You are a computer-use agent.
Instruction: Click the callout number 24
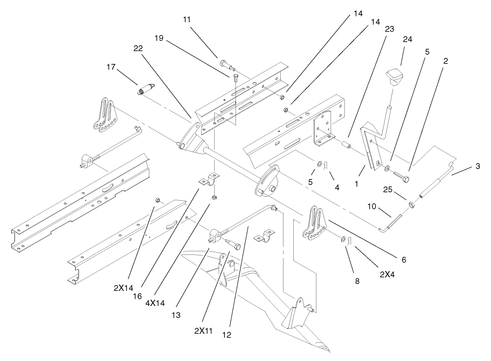(407, 39)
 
